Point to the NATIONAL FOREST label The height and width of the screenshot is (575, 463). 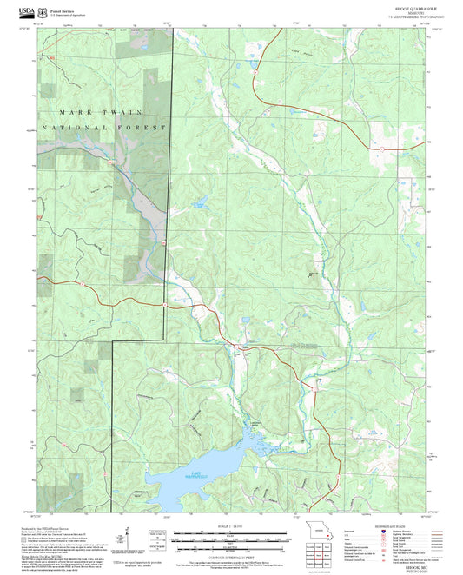point(103,128)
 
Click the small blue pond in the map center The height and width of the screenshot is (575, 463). point(202,204)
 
